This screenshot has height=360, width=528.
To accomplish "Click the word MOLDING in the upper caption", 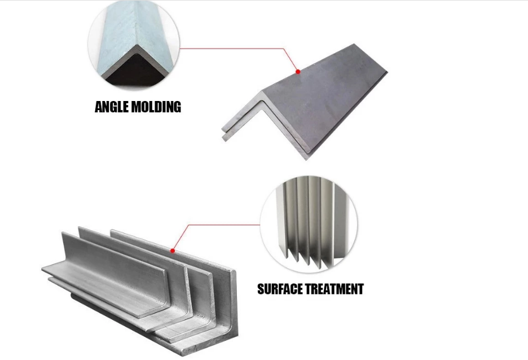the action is tap(156, 107).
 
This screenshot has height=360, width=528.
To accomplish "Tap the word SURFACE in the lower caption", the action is tap(279, 289).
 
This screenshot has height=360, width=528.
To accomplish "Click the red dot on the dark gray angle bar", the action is tap(298, 72).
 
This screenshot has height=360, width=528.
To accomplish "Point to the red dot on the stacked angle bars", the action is tap(173, 251).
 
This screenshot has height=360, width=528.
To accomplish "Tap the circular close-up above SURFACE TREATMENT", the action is tap(309, 224).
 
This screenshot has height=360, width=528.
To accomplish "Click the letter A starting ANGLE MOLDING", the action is tap(99, 107).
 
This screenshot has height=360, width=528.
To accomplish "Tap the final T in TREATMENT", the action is tap(360, 289).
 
